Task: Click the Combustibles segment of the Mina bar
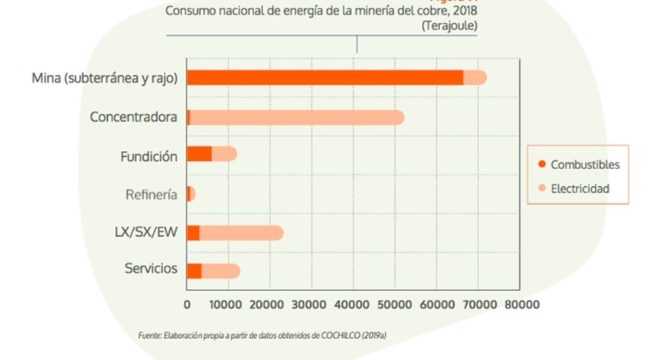325,77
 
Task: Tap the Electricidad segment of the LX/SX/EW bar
241,233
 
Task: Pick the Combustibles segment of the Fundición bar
199,154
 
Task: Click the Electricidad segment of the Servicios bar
221,270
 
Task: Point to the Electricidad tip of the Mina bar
476,77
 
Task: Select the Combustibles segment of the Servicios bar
194,270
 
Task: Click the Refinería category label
151,195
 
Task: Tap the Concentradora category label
133,118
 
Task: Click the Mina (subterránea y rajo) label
105,78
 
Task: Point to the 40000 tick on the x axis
353,304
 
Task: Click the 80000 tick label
520,304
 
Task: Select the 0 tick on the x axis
187,304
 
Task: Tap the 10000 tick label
229,304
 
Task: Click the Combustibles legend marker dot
541,164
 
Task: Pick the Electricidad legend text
580,188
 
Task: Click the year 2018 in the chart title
464,10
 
